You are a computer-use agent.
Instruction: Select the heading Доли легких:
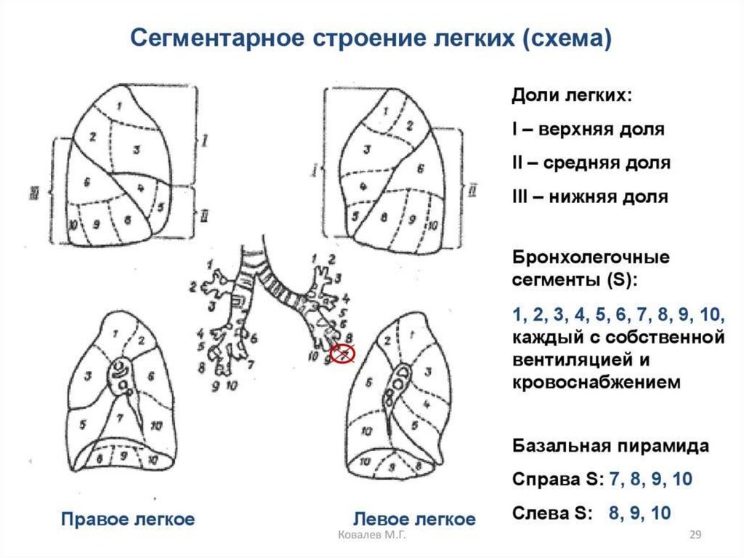click(572, 96)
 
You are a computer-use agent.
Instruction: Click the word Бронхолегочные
click(591, 258)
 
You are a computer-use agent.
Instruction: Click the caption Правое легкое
click(128, 519)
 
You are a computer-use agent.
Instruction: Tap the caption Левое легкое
click(414, 519)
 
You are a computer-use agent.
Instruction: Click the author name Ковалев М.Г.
click(373, 536)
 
